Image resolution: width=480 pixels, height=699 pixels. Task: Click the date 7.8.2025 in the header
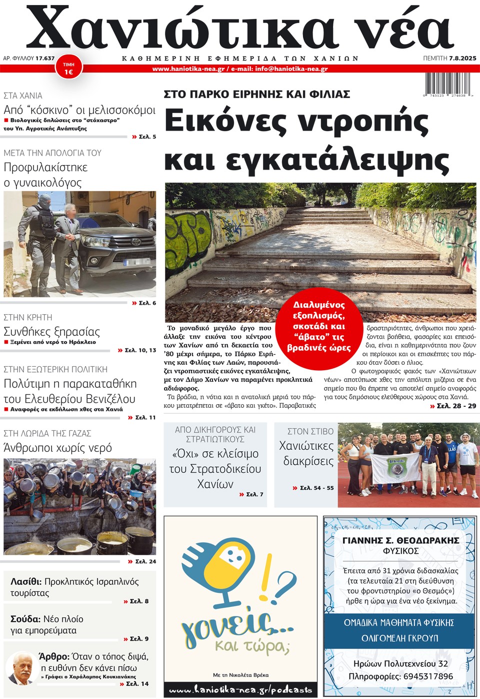point(462,59)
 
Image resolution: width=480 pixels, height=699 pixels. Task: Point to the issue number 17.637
point(45,59)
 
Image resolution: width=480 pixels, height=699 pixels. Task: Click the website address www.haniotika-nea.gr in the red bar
point(188,69)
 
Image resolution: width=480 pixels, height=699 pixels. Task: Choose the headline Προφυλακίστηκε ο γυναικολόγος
point(45,175)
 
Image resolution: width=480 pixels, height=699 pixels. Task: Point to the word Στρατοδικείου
point(215,469)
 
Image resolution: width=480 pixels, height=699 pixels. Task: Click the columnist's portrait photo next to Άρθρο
point(21,668)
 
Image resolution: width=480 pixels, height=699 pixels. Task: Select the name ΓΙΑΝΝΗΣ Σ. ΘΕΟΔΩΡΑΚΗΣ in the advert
point(400,540)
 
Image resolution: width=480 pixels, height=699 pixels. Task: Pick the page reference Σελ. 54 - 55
point(313,488)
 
